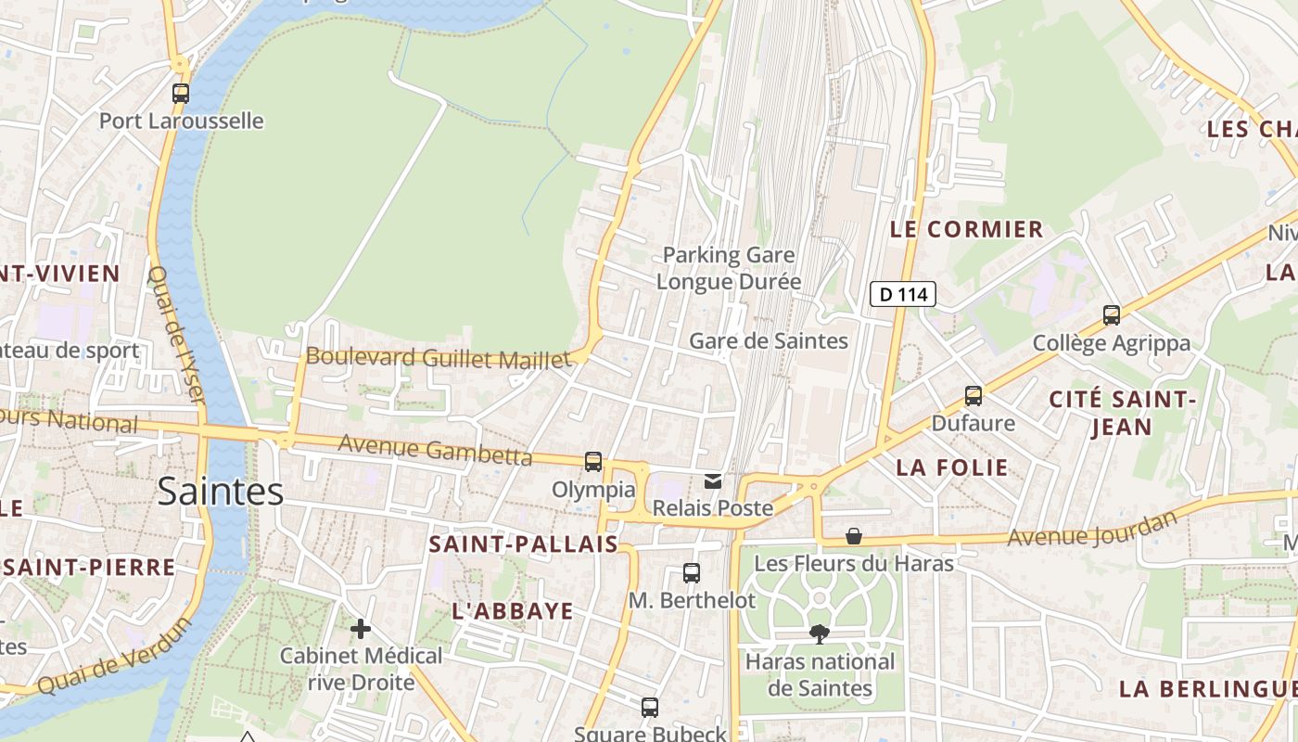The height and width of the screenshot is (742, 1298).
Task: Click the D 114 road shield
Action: [x=903, y=295]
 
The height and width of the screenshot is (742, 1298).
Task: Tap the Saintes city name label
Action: [x=220, y=491]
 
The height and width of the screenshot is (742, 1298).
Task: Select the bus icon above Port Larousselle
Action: [x=181, y=93]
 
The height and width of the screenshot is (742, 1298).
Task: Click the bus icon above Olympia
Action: [x=593, y=461]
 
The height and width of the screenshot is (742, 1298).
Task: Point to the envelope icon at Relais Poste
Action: [x=713, y=480]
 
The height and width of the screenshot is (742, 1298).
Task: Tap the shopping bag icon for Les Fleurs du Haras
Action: [x=854, y=536]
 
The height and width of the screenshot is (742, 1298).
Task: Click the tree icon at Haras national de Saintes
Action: [x=819, y=634]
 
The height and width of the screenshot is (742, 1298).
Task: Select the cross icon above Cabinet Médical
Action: [x=361, y=629]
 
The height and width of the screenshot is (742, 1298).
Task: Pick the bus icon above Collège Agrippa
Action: [x=1112, y=315]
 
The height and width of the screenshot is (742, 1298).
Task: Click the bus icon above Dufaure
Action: [x=973, y=396]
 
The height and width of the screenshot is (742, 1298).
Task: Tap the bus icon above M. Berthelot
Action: [x=692, y=572]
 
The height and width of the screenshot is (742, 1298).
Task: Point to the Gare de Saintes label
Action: [x=768, y=341]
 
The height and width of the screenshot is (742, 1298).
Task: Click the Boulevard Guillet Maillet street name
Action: [x=439, y=358]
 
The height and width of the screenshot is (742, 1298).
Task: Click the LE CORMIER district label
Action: [x=966, y=229]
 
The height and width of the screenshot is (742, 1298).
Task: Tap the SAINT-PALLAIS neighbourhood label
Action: [x=523, y=544]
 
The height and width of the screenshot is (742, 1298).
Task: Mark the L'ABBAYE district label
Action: [x=513, y=611]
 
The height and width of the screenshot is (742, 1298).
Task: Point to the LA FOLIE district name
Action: [x=952, y=467]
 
